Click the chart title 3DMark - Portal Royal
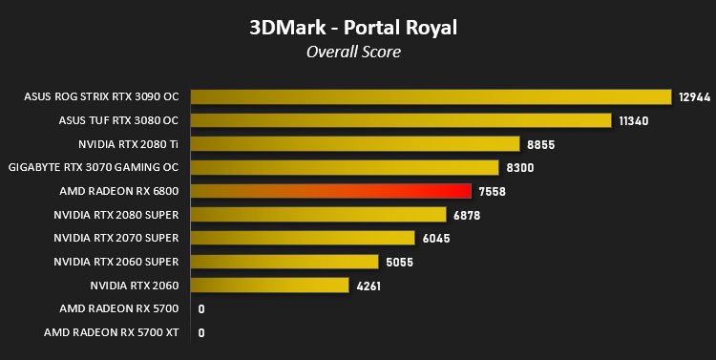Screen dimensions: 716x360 [x=353, y=28]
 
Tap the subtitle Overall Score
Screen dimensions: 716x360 [x=353, y=52]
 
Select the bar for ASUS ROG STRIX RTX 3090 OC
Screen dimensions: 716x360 [x=432, y=96]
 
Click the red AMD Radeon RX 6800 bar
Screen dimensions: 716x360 [x=331, y=191]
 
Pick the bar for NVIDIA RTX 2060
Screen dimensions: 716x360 [x=270, y=286]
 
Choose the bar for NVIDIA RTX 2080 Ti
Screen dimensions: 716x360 [x=355, y=144]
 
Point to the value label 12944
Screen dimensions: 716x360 [x=695, y=97]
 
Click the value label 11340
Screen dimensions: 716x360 [x=633, y=121]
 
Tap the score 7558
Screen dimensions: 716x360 [x=493, y=191]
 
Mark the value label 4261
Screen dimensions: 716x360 [x=369, y=286]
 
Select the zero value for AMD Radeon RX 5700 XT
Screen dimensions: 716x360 [x=201, y=333]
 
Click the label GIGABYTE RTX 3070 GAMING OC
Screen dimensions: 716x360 [x=94, y=167]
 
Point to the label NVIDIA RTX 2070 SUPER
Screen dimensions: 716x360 [x=116, y=238]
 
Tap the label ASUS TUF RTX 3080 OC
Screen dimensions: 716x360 [x=118, y=120]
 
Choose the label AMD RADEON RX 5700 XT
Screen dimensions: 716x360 [x=111, y=332]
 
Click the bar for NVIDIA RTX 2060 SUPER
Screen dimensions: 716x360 [x=284, y=262]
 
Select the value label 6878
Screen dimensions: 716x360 [x=467, y=215]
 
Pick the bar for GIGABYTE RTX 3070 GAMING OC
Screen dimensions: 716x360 [x=345, y=168]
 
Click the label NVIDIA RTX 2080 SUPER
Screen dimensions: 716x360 [x=116, y=214]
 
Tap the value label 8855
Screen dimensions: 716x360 [x=540, y=145]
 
